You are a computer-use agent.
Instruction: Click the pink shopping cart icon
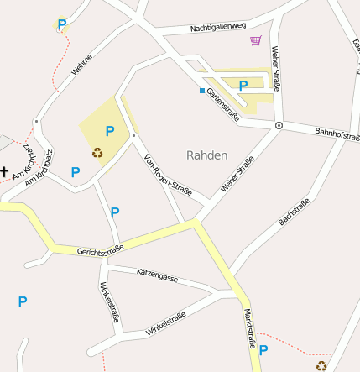pyautogui.click(x=255, y=40)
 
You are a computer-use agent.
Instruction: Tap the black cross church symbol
pyautogui.click(x=4, y=172)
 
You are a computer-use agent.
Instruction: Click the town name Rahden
pyautogui.click(x=206, y=155)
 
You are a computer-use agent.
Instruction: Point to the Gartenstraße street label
pyautogui.click(x=224, y=104)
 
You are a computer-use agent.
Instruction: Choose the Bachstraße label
pyautogui.click(x=294, y=212)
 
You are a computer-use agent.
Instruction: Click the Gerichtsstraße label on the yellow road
pyautogui.click(x=101, y=249)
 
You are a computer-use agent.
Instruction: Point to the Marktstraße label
pyautogui.click(x=249, y=327)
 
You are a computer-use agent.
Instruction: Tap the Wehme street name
pyautogui.click(x=81, y=65)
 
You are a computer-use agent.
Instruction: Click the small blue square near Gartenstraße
pyautogui.click(x=201, y=91)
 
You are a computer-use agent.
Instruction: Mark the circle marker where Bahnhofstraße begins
pyautogui.click(x=279, y=126)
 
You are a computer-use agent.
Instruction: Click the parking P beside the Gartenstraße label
pyautogui.click(x=243, y=85)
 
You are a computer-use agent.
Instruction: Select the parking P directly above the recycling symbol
pyautogui.click(x=109, y=131)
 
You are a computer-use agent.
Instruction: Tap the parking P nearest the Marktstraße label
pyautogui.click(x=263, y=350)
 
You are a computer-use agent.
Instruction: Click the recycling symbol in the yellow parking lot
pyautogui.click(x=97, y=153)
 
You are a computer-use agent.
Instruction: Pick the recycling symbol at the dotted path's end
pyautogui.click(x=321, y=365)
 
